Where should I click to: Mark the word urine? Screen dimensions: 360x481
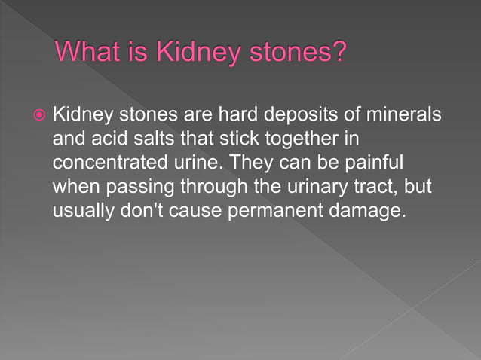tap(197, 163)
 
